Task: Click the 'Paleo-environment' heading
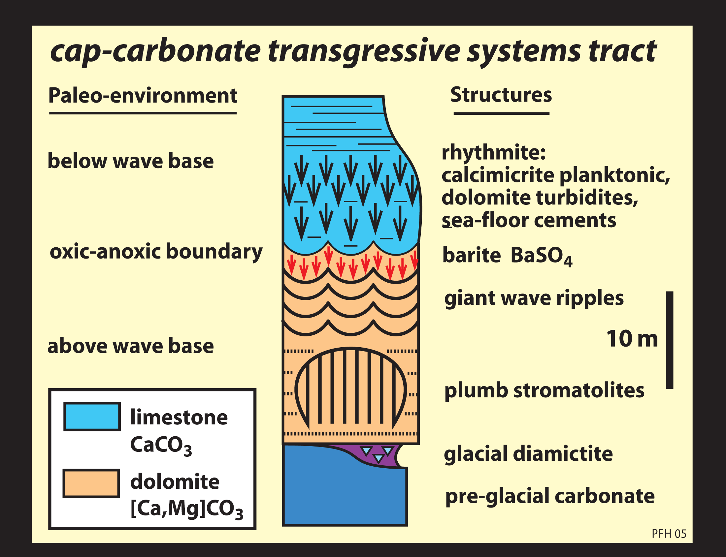[x=143, y=96]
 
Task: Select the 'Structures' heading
[x=501, y=95]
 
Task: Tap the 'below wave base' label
[x=130, y=161]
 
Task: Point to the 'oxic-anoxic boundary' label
[x=156, y=252]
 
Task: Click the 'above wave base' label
[x=130, y=346]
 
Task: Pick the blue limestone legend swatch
[x=92, y=417]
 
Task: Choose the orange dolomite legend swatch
[x=91, y=483]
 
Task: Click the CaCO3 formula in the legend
[x=161, y=445]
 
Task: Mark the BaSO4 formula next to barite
[x=541, y=256]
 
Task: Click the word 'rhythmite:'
[x=493, y=153]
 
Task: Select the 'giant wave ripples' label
[x=534, y=298]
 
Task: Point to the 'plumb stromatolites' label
[x=544, y=390]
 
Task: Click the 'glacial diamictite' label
[x=528, y=453]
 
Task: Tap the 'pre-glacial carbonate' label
[x=550, y=496]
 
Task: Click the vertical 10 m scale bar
[x=670, y=340]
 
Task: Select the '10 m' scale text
[x=632, y=339]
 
